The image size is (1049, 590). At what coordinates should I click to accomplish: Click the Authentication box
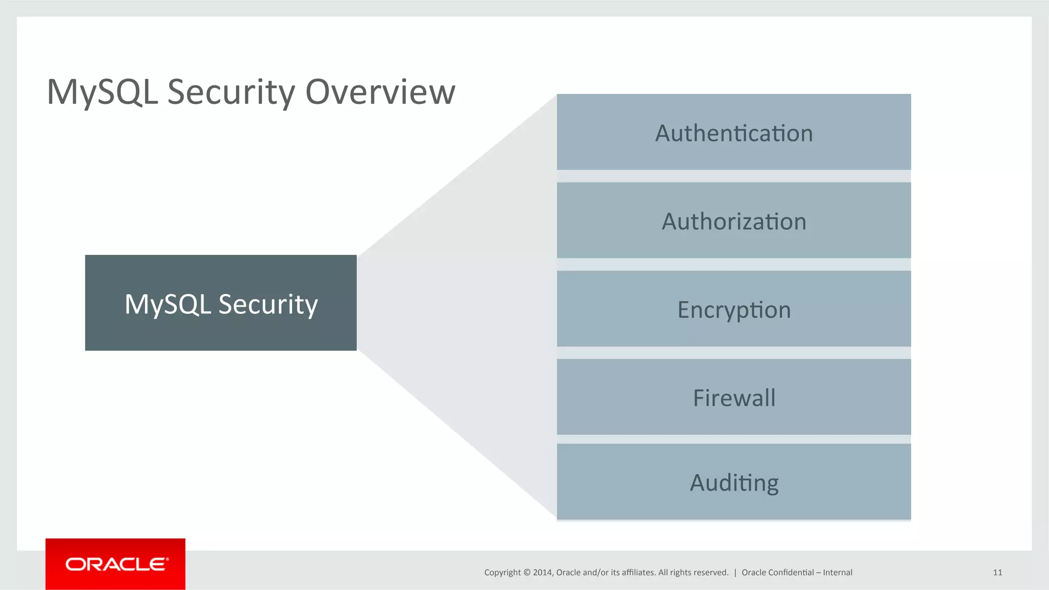(733, 132)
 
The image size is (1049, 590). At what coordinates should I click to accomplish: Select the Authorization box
(733, 221)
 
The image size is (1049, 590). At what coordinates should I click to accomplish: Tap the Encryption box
(733, 309)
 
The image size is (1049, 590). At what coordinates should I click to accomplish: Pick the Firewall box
(733, 397)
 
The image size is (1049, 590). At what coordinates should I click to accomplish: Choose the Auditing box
(733, 482)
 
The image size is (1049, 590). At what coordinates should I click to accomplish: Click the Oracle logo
(116, 564)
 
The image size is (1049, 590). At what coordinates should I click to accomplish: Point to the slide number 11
(997, 573)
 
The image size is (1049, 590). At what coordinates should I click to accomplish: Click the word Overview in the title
(380, 92)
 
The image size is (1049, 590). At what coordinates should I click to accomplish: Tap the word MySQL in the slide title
(102, 92)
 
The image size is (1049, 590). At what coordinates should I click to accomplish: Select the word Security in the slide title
(232, 92)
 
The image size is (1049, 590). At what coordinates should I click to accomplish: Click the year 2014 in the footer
(542, 573)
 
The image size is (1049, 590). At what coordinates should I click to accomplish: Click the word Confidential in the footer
(791, 573)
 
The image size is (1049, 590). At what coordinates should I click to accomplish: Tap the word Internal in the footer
(837, 573)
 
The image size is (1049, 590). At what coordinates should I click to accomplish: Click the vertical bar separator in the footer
(735, 573)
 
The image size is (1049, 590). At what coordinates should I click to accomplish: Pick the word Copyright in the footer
(502, 573)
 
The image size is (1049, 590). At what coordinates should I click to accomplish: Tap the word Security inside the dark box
(268, 304)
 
